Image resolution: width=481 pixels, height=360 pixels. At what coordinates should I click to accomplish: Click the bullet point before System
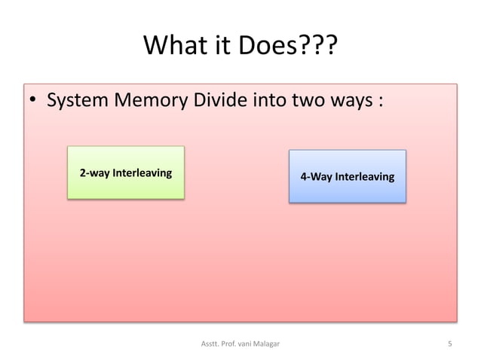tap(33, 102)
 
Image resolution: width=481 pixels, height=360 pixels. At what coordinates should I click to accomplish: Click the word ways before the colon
tap(351, 101)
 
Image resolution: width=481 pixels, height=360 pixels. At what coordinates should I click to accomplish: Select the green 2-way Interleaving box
tap(126, 172)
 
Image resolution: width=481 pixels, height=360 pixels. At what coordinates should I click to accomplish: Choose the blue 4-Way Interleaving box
tap(348, 176)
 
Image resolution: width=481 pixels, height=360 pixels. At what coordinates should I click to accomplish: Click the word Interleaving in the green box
tap(142, 172)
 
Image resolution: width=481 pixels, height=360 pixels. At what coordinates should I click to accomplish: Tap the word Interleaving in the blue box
tap(364, 177)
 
